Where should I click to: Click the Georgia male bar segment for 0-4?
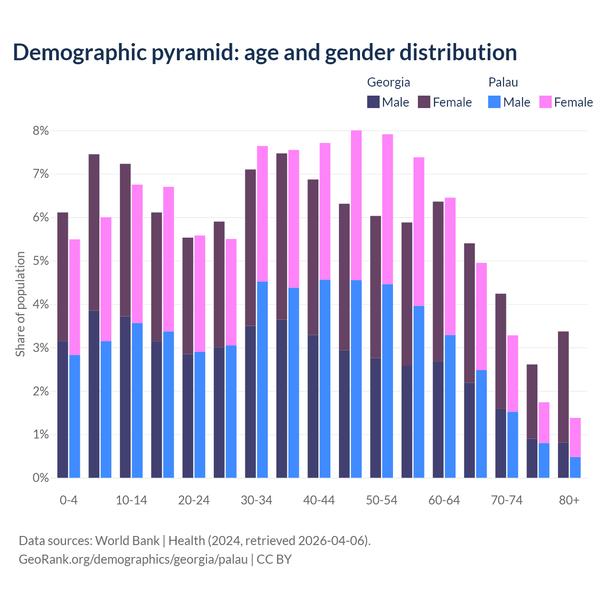click(63, 409)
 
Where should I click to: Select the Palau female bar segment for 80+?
click(575, 437)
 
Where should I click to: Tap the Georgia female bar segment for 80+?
click(563, 387)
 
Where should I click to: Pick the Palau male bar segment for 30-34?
click(262, 380)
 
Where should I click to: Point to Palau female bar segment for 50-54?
click(387, 209)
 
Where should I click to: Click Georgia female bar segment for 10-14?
click(125, 240)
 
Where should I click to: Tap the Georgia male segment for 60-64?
click(438, 419)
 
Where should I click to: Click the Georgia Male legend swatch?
click(373, 102)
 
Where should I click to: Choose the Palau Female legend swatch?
click(545, 102)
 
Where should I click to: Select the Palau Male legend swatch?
click(494, 102)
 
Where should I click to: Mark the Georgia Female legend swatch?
click(424, 102)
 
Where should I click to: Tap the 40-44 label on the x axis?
click(319, 500)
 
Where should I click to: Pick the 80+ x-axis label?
click(569, 500)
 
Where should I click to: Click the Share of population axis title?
click(20, 304)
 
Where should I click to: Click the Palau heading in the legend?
click(503, 82)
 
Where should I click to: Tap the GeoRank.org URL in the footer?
click(133, 559)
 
